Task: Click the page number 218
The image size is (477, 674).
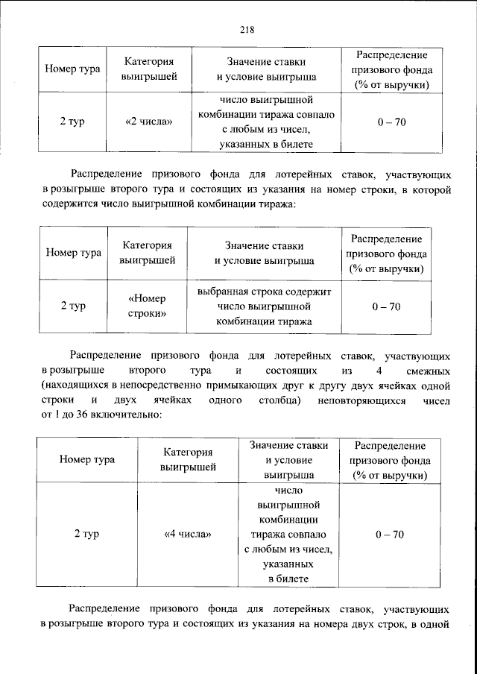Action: [247, 29]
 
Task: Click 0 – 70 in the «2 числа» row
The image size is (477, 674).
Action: [391, 122]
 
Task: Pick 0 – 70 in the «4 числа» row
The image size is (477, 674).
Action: [390, 535]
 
